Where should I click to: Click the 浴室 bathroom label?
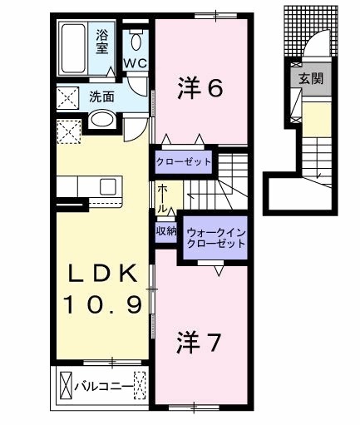coord(102,41)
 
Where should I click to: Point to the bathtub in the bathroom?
coord(74,50)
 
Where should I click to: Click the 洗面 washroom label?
coord(101,96)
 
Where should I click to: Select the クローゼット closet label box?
coord(182,161)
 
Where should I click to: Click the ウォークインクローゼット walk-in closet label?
coord(215,238)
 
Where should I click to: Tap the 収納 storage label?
coord(165,231)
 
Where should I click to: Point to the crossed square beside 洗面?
coord(67,96)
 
